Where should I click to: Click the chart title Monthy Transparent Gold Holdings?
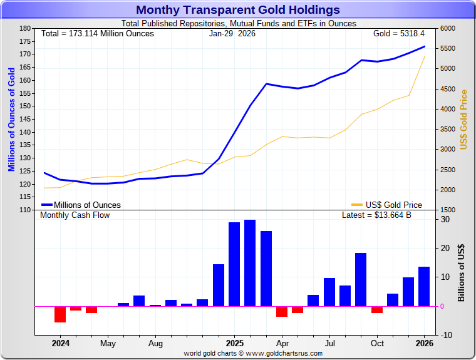238,9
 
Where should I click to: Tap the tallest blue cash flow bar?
250,263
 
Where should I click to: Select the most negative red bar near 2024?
60,314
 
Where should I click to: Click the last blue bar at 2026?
424,286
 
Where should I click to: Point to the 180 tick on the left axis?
25,28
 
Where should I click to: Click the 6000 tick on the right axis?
448,28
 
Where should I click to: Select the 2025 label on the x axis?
235,343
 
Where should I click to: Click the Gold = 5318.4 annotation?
398,33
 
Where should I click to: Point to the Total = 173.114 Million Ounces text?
97,33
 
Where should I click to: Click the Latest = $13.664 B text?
376,215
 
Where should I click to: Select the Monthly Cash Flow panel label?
75,215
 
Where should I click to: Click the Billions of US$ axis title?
462,272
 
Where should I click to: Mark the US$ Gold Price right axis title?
464,120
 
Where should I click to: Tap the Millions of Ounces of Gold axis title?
11,119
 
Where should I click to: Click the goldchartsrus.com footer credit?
253,353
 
